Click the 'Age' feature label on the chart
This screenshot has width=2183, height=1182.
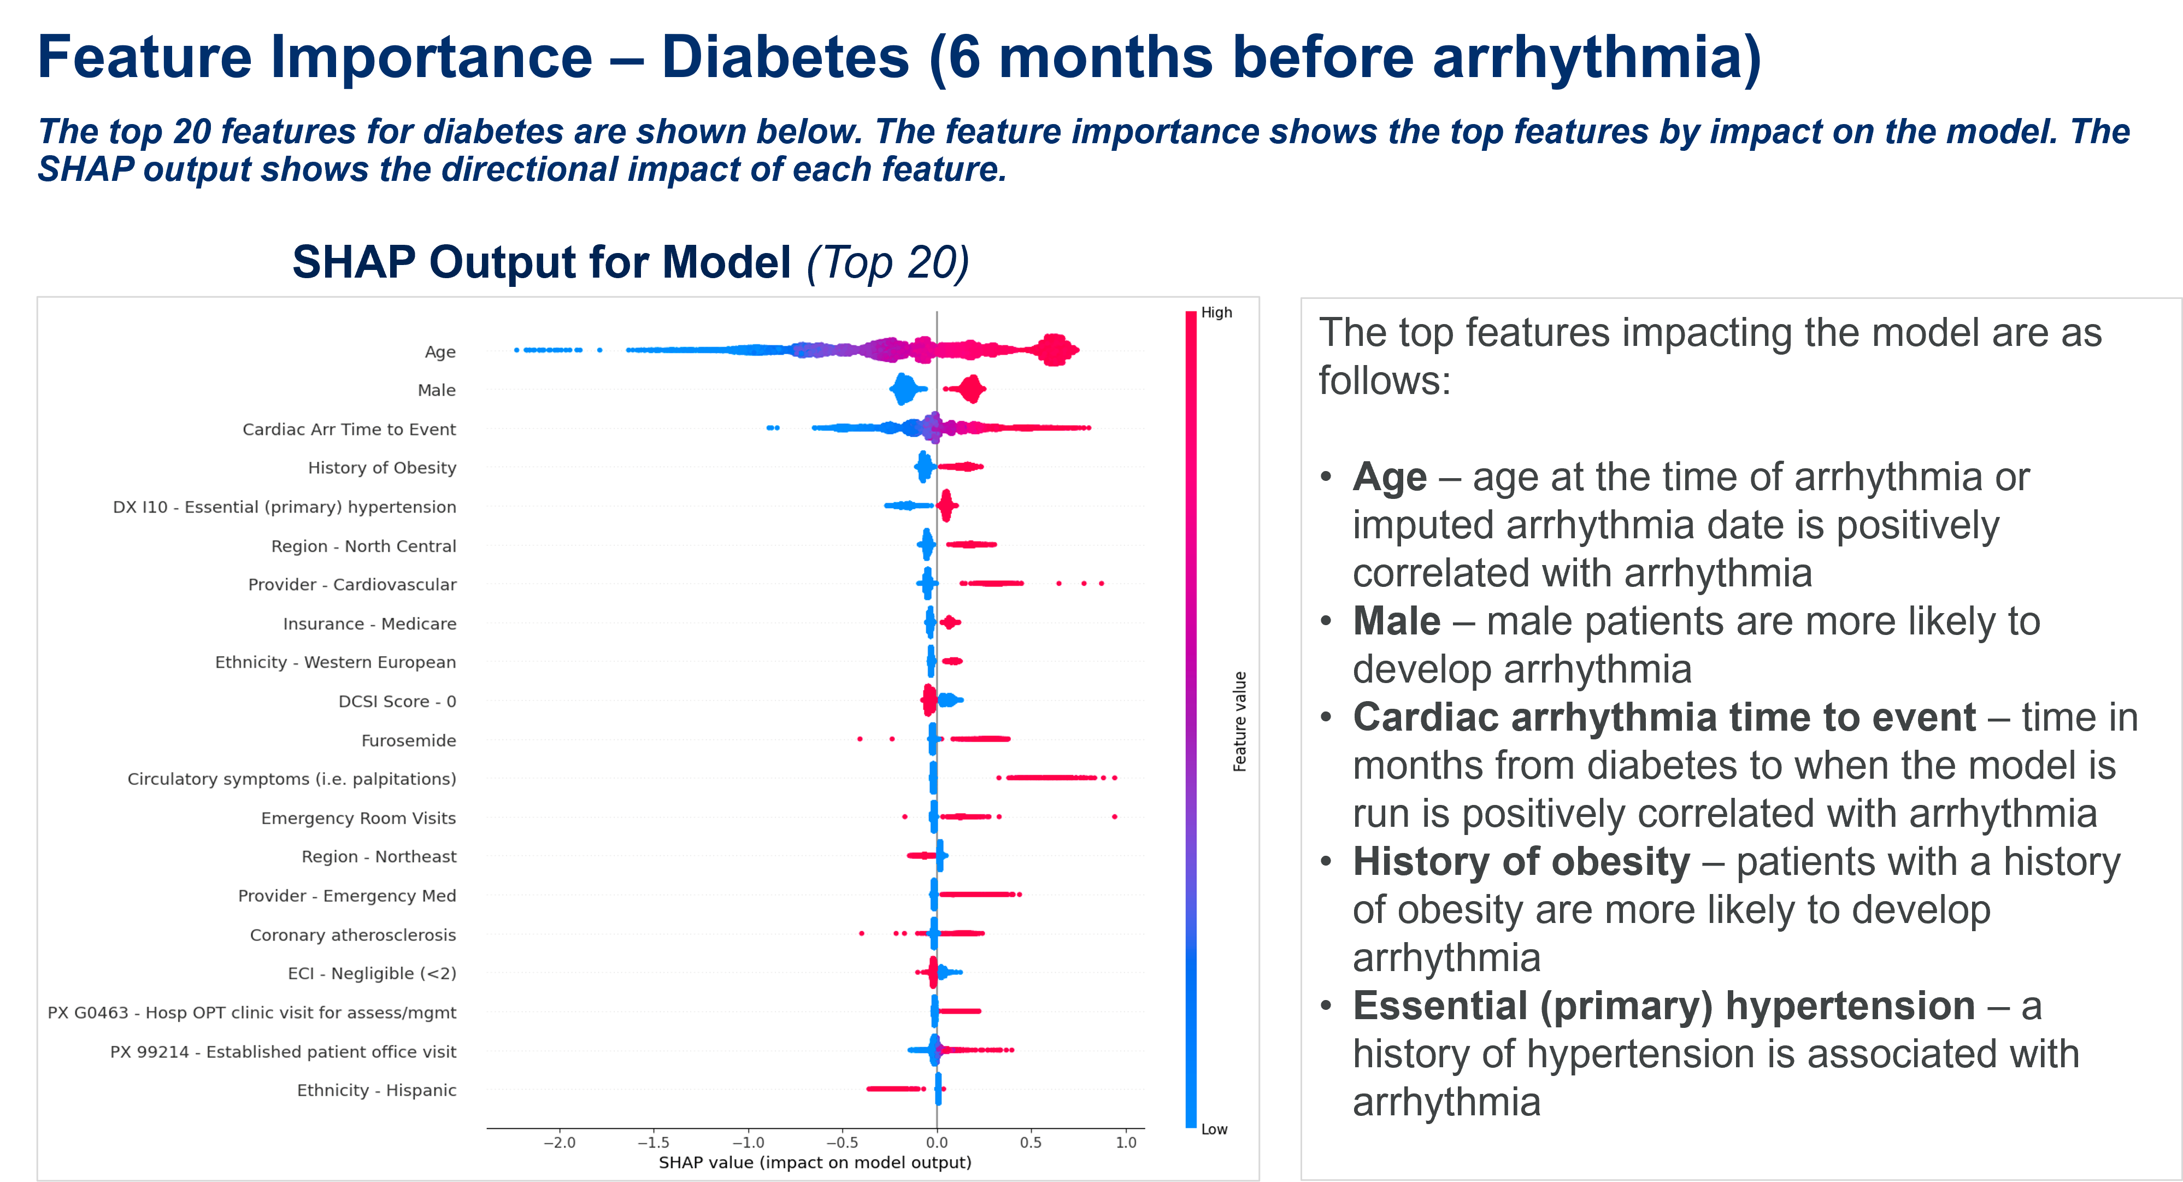pyautogui.click(x=440, y=351)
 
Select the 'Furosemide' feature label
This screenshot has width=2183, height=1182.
pyautogui.click(x=409, y=740)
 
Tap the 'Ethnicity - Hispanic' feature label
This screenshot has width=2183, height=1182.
pyautogui.click(x=376, y=1091)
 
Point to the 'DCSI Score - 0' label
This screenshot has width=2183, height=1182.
pyautogui.click(x=397, y=702)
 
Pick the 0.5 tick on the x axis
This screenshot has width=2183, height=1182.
pyautogui.click(x=1031, y=1142)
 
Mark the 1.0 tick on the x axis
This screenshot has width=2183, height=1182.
pyautogui.click(x=1126, y=1142)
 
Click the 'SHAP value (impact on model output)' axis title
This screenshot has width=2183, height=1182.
pyautogui.click(x=814, y=1162)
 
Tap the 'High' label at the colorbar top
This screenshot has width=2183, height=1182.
pyautogui.click(x=1216, y=313)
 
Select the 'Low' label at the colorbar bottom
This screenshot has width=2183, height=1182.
pyautogui.click(x=1214, y=1130)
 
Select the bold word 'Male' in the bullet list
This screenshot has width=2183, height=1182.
pyautogui.click(x=1396, y=621)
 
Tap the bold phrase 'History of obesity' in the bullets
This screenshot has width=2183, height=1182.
pyautogui.click(x=1520, y=862)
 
